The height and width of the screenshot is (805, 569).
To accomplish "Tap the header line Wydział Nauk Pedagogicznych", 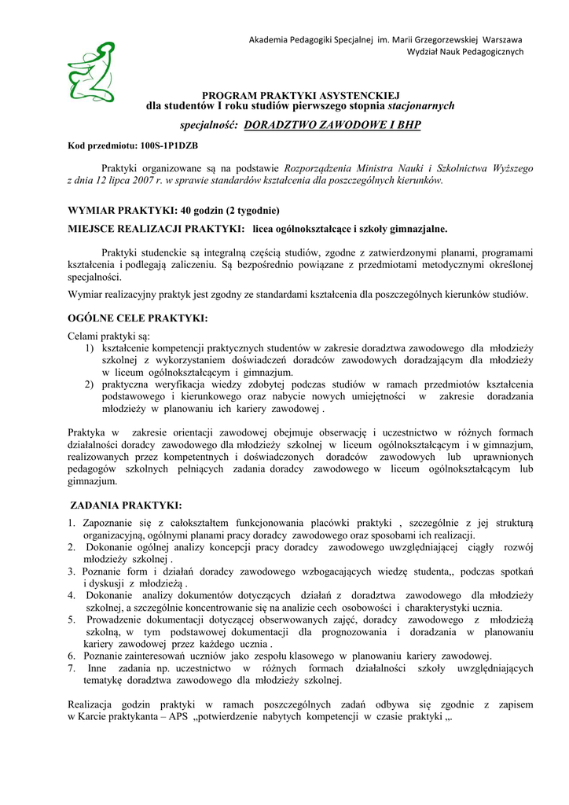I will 464,52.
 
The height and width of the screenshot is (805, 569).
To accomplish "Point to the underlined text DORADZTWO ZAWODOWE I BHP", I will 333,125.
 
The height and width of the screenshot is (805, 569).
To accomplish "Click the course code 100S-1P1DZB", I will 169,146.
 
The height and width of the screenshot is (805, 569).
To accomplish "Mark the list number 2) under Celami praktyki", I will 90,384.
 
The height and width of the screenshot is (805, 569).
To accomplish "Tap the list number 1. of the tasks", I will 72,524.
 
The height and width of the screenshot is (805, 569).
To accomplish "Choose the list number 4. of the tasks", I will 72,595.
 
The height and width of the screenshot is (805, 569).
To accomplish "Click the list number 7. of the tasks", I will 72,668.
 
